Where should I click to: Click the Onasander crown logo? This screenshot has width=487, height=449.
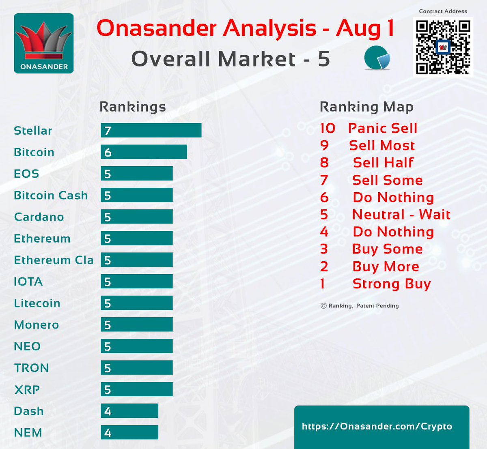click(44, 43)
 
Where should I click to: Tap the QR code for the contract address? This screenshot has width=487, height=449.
click(443, 47)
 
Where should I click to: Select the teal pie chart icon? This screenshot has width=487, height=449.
click(377, 58)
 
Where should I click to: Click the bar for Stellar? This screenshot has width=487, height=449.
click(151, 131)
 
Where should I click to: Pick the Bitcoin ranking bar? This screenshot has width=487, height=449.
click(144, 152)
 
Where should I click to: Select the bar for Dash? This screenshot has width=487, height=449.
click(129, 411)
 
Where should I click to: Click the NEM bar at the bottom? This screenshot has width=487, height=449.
click(129, 432)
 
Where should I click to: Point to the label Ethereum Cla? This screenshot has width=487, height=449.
click(54, 260)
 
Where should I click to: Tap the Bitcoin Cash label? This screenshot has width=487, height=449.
click(51, 195)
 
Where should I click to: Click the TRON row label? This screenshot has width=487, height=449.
click(31, 368)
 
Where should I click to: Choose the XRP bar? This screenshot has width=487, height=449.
click(136, 389)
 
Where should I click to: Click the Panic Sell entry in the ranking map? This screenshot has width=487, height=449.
click(382, 128)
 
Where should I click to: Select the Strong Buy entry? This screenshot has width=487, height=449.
click(391, 284)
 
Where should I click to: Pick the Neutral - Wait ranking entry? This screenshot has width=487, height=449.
click(401, 214)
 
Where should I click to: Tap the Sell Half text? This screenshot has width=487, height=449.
click(383, 163)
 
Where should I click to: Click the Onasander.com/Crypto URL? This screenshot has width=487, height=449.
click(377, 426)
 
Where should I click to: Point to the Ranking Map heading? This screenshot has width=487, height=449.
click(366, 107)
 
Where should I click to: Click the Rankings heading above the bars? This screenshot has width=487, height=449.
click(133, 107)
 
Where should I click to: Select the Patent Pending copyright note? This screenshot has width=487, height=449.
click(360, 306)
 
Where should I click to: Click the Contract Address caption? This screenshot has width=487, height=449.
click(443, 11)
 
